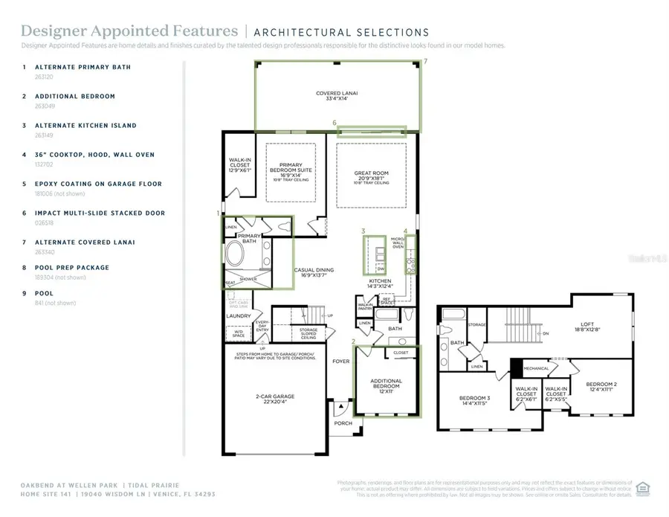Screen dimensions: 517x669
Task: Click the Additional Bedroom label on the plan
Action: point(386,385)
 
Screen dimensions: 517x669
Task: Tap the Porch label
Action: point(343,423)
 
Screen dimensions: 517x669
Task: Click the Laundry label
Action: point(239,316)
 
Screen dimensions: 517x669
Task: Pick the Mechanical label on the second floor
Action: point(535,368)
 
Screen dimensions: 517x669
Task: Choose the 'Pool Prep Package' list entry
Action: point(76,268)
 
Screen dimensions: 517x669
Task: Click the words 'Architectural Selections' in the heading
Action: point(341,32)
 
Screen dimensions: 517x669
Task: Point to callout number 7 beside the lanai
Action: point(425,61)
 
